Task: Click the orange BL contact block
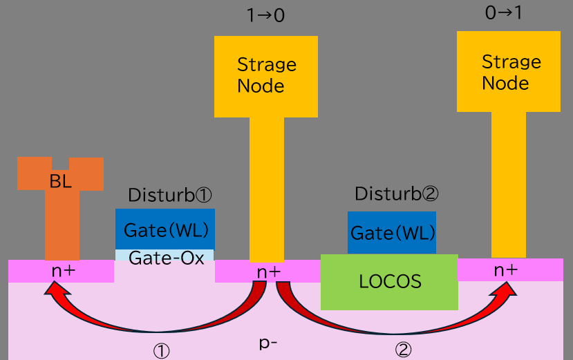click(60, 181)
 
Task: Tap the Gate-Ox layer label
click(166, 258)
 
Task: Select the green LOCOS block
click(389, 281)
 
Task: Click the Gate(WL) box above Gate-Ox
click(165, 229)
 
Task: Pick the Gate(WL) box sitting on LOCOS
click(392, 233)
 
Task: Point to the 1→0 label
click(266, 15)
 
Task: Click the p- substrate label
click(268, 342)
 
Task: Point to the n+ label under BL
click(63, 271)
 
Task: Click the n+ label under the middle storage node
click(268, 272)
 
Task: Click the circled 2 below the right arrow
click(403, 350)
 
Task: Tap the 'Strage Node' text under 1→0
click(266, 75)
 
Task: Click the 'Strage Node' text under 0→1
click(511, 73)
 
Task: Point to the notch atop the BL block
click(61, 163)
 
